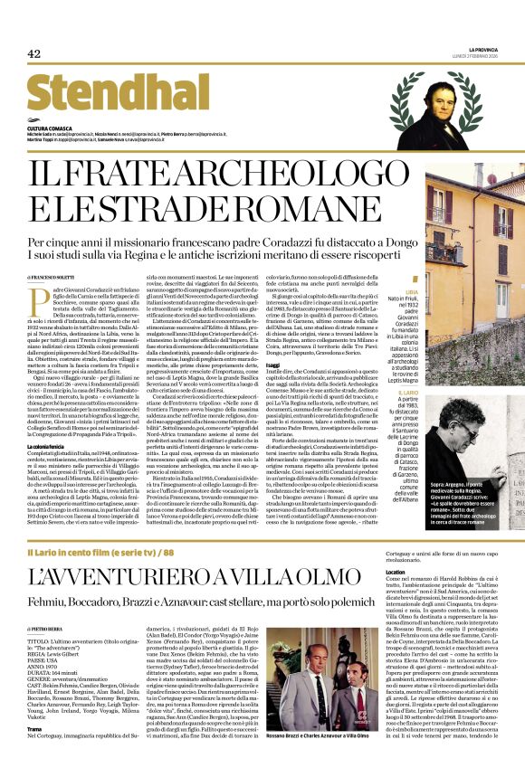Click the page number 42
click(x=34, y=53)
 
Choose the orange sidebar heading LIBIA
click(x=387, y=294)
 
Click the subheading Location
click(x=395, y=573)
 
